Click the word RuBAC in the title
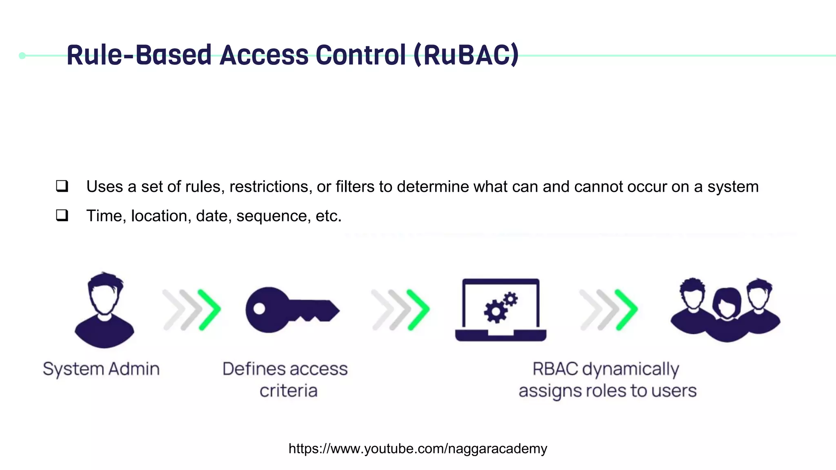tap(466, 55)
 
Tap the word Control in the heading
tap(361, 55)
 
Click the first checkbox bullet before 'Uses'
tap(62, 186)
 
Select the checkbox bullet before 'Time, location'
tap(62, 215)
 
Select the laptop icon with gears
tap(500, 310)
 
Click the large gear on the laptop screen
tap(495, 312)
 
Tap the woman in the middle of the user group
tap(727, 314)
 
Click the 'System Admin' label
tap(101, 369)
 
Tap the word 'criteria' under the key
tap(288, 391)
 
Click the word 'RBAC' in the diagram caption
tap(555, 369)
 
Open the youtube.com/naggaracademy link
tap(418, 448)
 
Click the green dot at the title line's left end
tap(22, 55)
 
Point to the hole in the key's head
tap(260, 308)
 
